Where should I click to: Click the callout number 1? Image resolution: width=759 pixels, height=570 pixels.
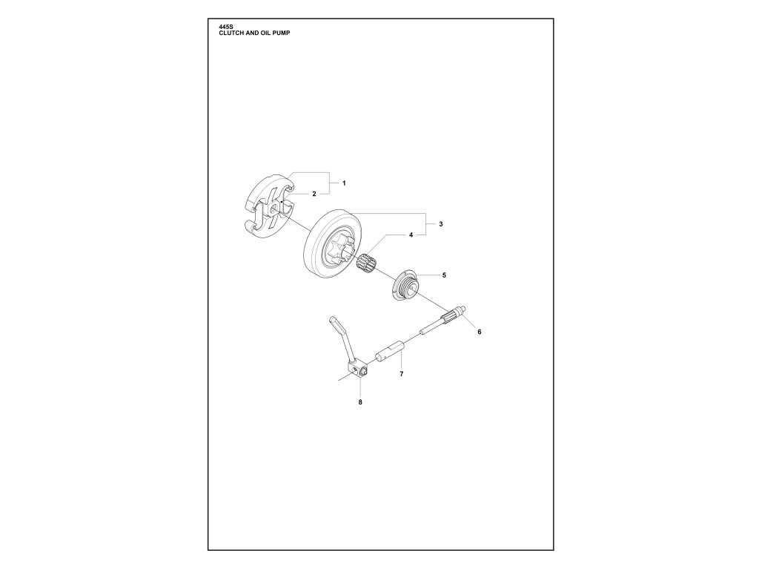(x=344, y=182)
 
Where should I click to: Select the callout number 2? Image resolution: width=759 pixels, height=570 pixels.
(x=314, y=194)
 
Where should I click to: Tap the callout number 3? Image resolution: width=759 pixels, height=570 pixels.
(x=440, y=223)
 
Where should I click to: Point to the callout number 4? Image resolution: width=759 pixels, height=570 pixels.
(x=410, y=235)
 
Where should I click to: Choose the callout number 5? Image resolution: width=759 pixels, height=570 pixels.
(x=444, y=275)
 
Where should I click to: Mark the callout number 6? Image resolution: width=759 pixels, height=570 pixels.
(x=479, y=331)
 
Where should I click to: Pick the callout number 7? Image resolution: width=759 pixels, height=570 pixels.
(x=401, y=374)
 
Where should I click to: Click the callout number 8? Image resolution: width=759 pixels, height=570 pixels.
(x=360, y=402)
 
